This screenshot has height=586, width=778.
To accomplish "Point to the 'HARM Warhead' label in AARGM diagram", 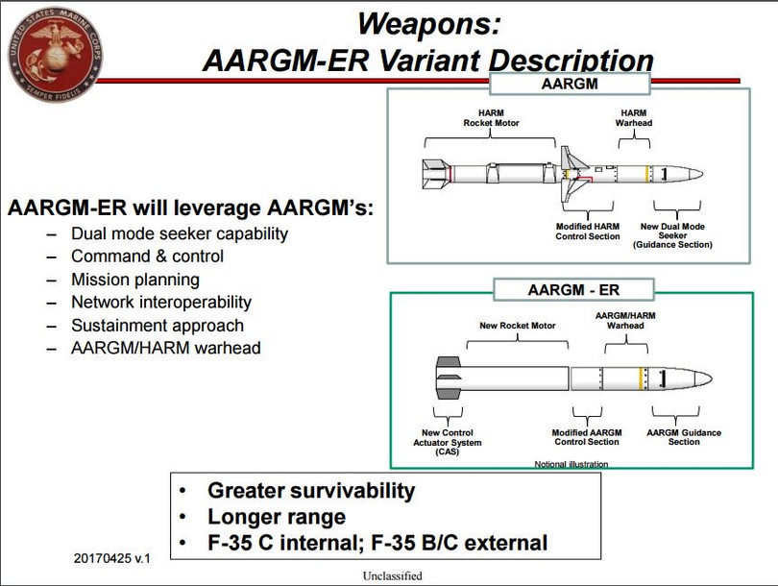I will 633,117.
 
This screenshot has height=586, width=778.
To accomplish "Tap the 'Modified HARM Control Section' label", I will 587,232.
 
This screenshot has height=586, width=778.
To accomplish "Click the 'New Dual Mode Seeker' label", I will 672,235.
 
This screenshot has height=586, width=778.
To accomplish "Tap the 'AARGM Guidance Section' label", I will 684,437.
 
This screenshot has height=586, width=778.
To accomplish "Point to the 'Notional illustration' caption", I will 571,464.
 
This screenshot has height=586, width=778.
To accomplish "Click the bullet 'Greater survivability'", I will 311,491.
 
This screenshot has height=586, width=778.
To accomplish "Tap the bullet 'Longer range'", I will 276,517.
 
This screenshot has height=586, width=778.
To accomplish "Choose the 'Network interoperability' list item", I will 160,302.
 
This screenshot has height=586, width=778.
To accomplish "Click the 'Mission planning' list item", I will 135,279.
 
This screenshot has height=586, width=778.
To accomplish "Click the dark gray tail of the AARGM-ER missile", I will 448,378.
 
